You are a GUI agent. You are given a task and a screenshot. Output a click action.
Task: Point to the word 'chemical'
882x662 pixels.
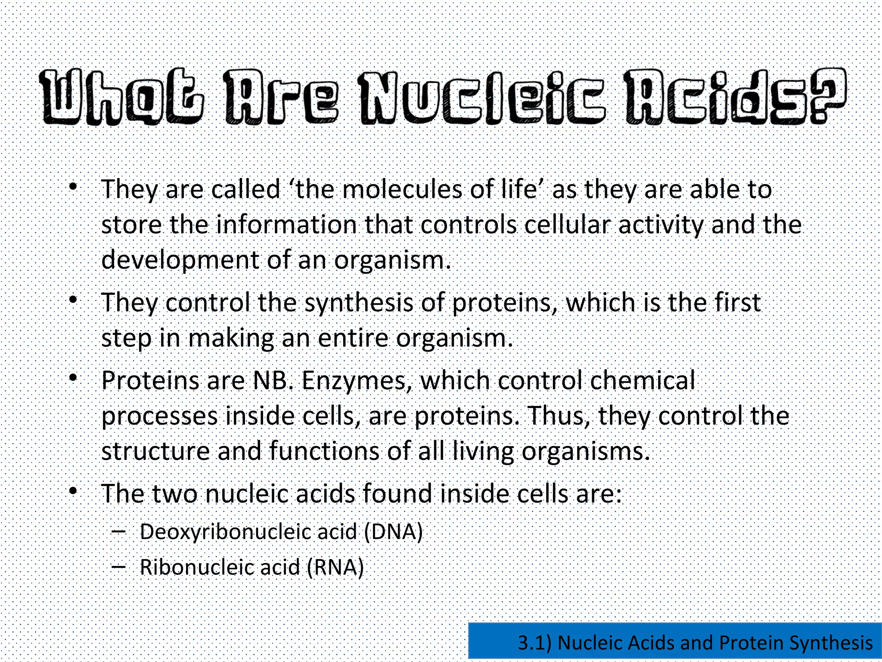tap(642, 381)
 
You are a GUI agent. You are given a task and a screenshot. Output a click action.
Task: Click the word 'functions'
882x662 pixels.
tap(324, 451)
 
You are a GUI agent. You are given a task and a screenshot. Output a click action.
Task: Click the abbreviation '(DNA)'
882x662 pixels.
tap(393, 532)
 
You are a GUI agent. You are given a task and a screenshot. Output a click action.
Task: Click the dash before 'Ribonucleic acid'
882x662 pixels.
tap(118, 566)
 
